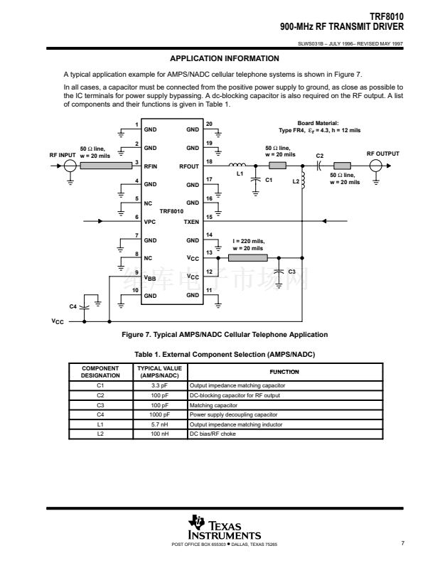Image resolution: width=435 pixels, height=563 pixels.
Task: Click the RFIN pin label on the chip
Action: tap(151, 166)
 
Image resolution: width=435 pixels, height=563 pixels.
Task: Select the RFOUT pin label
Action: tap(190, 166)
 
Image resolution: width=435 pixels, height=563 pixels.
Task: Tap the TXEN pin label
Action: tap(191, 222)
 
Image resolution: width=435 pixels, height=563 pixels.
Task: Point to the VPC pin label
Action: tap(149, 222)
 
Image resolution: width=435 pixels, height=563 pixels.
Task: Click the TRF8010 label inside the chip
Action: tap(171, 211)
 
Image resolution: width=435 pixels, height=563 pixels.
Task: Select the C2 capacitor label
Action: tap(319, 155)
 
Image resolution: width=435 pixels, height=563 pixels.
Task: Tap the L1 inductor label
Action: tap(240, 173)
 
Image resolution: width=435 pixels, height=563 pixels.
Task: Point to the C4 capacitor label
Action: tap(72, 306)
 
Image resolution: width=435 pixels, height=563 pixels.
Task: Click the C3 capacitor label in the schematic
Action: tap(291, 271)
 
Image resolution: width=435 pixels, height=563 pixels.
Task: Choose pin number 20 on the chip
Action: tap(209, 125)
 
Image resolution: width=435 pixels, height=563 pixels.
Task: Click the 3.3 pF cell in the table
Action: tap(160, 385)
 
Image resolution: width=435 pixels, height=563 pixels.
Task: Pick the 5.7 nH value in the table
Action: tap(160, 424)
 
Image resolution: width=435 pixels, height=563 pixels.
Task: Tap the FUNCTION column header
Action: tap(284, 372)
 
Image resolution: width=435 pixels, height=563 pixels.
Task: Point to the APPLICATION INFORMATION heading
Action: tap(217, 58)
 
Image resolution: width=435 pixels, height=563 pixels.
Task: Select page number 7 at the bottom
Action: tap(402, 544)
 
